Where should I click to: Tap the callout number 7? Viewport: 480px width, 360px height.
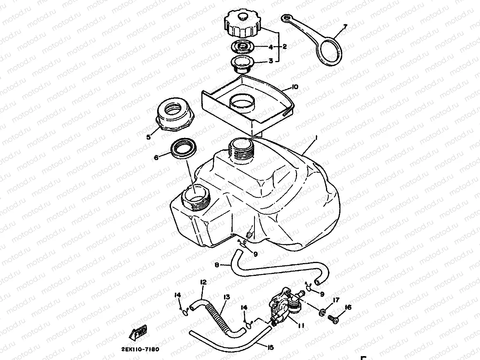point(345,27)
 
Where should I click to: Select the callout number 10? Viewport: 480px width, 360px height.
point(295,87)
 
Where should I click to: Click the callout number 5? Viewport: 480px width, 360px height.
point(148,137)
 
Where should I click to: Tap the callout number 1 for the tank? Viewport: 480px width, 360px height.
point(316,138)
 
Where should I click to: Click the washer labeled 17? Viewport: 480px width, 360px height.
point(323,313)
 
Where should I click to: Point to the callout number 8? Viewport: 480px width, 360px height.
point(217,265)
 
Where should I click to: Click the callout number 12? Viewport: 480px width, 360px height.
point(203,281)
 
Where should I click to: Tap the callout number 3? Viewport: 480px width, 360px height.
point(270,61)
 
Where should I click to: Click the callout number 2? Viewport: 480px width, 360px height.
point(285,47)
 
